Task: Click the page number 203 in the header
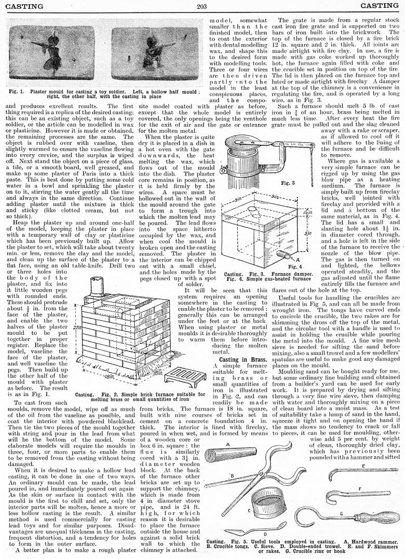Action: coord(202,6)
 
